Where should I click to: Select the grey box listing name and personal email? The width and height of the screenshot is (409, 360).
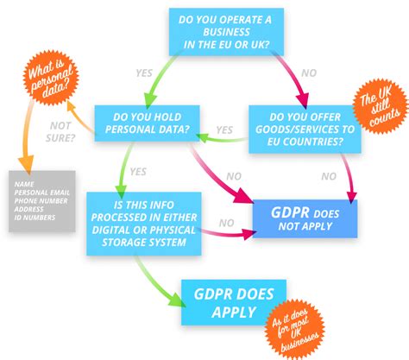pyautogui.click(x=43, y=200)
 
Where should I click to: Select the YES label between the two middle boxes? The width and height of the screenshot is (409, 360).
pyautogui.click(x=225, y=130)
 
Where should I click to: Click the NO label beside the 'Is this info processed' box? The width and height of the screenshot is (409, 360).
pyautogui.click(x=227, y=223)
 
